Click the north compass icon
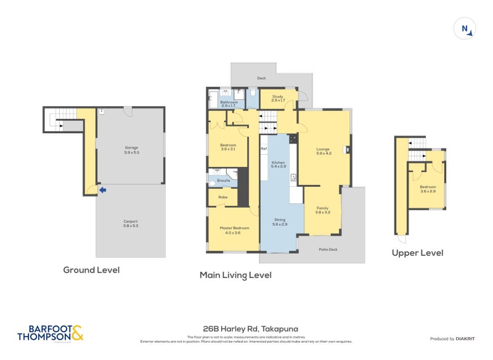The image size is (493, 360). tap(465, 29)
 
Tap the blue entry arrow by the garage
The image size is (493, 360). tap(103, 190)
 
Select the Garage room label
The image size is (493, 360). tap(131, 149)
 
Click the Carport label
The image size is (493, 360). tap(130, 223)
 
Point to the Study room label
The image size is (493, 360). tap(277, 97)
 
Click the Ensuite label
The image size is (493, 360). tap(223, 180)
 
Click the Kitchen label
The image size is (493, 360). tap(279, 163)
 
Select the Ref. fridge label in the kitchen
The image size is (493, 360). tap(263, 149)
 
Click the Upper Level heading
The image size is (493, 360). tap(417, 253)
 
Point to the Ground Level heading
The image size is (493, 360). tap(91, 270)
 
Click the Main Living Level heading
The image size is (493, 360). tap(235, 276)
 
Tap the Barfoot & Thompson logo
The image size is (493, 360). tap(49, 333)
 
